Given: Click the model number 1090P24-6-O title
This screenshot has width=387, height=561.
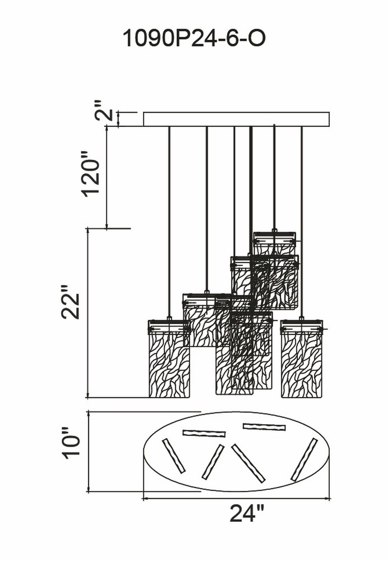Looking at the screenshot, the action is click(x=194, y=38).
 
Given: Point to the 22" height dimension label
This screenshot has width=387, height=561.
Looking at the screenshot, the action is click(x=70, y=302).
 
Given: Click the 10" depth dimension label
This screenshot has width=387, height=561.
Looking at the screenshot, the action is click(x=70, y=441).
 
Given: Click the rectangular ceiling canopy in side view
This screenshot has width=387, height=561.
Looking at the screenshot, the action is click(x=237, y=119).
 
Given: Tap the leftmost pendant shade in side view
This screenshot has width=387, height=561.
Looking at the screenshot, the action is click(x=169, y=358).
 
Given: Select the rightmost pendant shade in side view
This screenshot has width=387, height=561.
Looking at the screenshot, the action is click(x=302, y=358).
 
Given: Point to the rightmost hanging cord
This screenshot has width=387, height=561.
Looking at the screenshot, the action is click(x=302, y=222).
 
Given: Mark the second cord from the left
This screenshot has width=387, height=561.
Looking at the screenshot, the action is click(x=206, y=210).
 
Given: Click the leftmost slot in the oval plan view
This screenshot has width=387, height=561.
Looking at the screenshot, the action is click(x=174, y=456).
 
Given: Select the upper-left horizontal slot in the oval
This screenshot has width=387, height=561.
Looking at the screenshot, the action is click(x=204, y=433).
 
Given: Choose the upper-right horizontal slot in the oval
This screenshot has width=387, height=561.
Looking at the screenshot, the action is click(x=264, y=427).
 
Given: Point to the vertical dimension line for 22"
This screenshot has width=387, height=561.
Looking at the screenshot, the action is click(x=88, y=312).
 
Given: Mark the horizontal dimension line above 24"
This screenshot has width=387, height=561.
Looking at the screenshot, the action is click(x=237, y=498).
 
